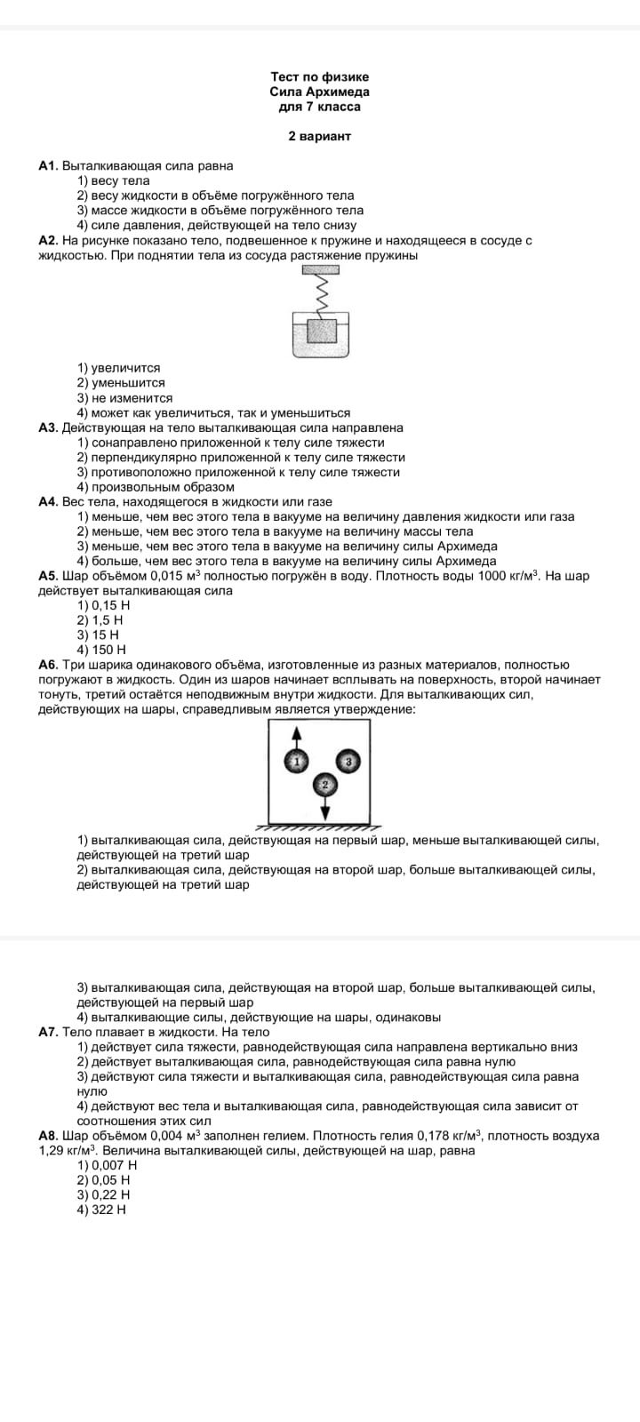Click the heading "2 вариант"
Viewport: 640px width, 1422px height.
pyautogui.click(x=319, y=136)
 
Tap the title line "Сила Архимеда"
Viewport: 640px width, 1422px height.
pyautogui.click(x=319, y=92)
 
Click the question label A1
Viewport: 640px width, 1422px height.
pyautogui.click(x=48, y=165)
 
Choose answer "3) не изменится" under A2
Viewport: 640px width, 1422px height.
pyautogui.click(x=124, y=398)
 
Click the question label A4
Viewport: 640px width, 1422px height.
pyautogui.click(x=48, y=502)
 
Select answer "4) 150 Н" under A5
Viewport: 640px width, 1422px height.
pyautogui.click(x=101, y=650)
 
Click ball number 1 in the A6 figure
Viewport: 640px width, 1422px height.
pyautogui.click(x=297, y=761)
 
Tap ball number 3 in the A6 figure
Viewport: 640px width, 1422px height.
pyautogui.click(x=348, y=762)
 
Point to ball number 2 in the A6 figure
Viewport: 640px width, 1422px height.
pyautogui.click(x=324, y=785)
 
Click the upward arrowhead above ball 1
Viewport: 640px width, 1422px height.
pyautogui.click(x=297, y=732)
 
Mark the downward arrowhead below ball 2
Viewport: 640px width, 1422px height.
pyautogui.click(x=324, y=814)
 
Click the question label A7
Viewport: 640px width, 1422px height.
pyautogui.click(x=48, y=1032)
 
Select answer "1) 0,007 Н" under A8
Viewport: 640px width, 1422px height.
pyautogui.click(x=107, y=1165)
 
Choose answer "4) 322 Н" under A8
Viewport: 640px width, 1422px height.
pyautogui.click(x=101, y=1210)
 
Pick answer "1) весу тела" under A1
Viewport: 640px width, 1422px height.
pyautogui.click(x=113, y=180)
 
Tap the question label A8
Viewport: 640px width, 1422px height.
pyautogui.click(x=48, y=1136)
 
